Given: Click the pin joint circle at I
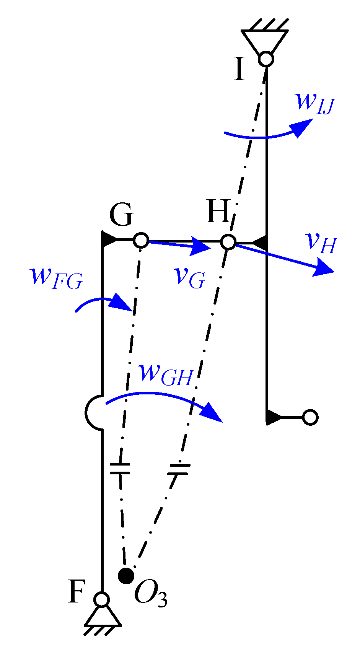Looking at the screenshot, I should (266, 59).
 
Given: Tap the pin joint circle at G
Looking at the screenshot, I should (141, 241).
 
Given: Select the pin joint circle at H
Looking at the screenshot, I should (228, 242).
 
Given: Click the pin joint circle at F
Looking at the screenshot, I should (102, 599).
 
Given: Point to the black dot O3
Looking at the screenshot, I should (126, 575).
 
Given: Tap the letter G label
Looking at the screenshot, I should (121, 215).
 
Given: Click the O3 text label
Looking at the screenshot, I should (151, 594).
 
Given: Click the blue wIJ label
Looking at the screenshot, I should (314, 101).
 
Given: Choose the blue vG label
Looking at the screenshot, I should (189, 276).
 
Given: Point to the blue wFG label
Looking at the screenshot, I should (56, 277).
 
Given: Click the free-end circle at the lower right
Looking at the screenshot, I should (310, 417).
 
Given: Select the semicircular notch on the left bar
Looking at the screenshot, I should (93, 412).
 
